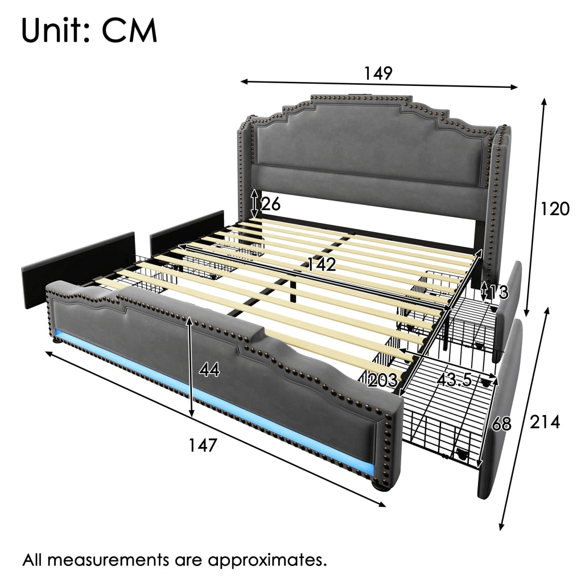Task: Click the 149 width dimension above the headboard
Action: click(x=378, y=73)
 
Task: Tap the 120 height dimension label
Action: click(x=554, y=209)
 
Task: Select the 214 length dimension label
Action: click(x=545, y=422)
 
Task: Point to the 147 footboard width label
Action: click(x=203, y=445)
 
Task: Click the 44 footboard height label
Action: click(x=209, y=370)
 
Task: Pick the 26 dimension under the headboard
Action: click(x=271, y=204)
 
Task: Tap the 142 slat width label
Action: click(x=322, y=264)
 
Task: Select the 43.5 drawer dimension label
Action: click(x=454, y=380)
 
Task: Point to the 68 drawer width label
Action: click(x=501, y=424)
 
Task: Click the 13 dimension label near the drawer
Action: click(x=498, y=292)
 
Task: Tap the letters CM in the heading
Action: click(x=130, y=31)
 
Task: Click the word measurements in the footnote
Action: click(x=106, y=560)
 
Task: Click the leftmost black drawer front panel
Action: click(x=78, y=270)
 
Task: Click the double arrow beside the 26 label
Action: click(x=254, y=204)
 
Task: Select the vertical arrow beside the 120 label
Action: click(x=535, y=207)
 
